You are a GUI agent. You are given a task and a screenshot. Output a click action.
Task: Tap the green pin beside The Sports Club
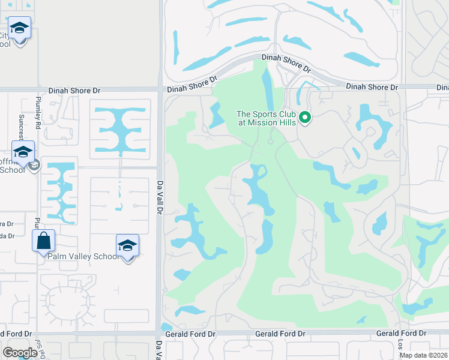pyautogui.click(x=305, y=117)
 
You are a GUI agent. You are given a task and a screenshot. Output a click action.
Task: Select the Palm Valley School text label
pyautogui.click(x=84, y=256)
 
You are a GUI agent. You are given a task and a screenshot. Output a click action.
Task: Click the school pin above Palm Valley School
pyautogui.click(x=127, y=245)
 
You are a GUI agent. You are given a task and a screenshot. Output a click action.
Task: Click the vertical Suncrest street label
pyautogui.click(x=22, y=126)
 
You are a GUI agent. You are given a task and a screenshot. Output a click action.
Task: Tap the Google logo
pyautogui.click(x=20, y=353)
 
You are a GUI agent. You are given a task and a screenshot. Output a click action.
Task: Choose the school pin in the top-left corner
pyautogui.click(x=19, y=28)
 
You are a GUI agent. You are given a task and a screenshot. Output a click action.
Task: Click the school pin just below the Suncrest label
pyautogui.click(x=23, y=152)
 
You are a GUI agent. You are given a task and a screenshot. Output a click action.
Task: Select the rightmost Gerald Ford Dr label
pyautogui.click(x=401, y=333)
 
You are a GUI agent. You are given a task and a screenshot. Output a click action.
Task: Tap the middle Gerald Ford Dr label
pyautogui.click(x=280, y=334)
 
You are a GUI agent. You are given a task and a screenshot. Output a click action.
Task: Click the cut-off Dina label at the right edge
pyautogui.click(x=442, y=88)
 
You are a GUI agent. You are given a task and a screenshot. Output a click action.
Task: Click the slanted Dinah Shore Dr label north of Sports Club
pyautogui.click(x=286, y=63)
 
